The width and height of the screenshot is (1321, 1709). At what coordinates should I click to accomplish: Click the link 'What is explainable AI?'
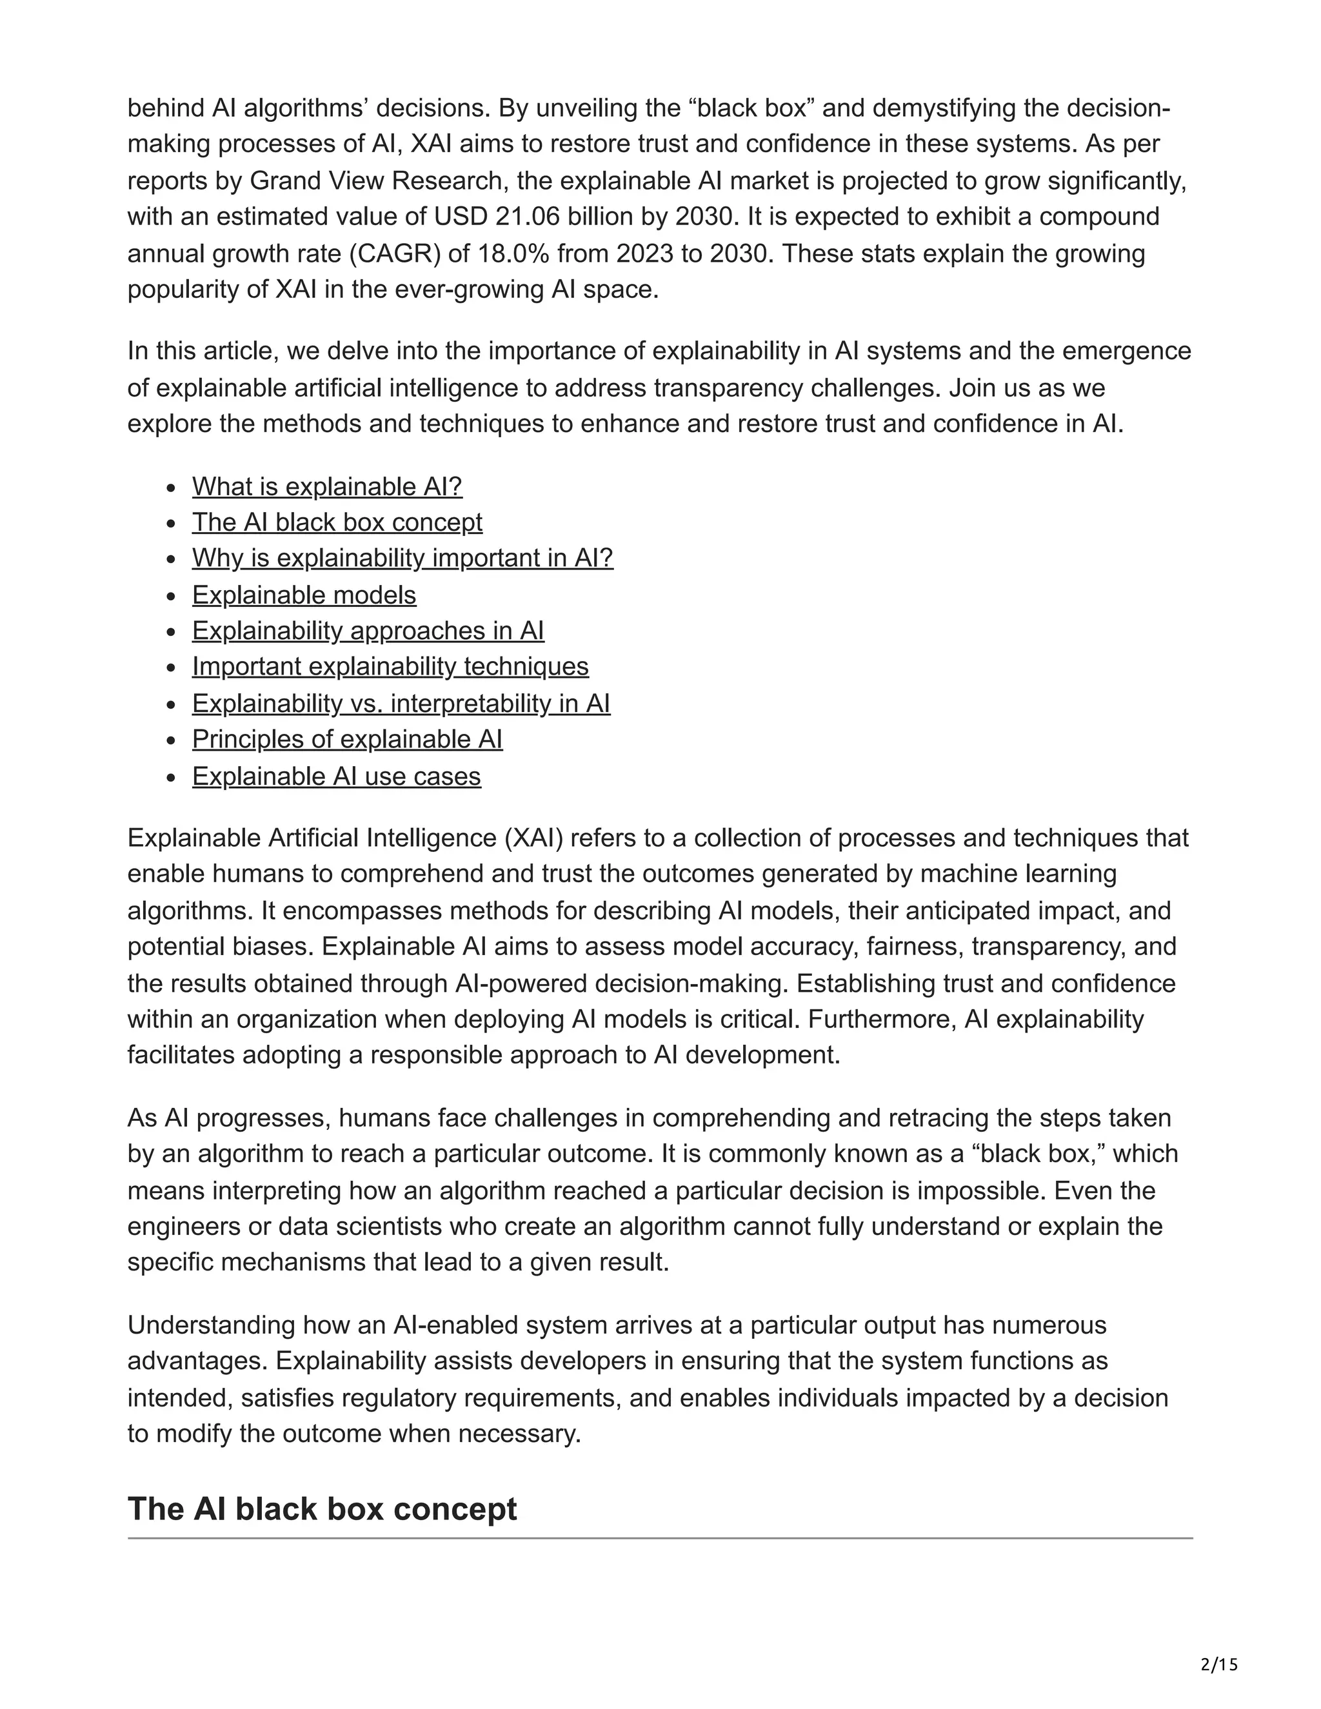tap(327, 487)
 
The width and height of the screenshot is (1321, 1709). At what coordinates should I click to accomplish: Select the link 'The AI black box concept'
tap(337, 522)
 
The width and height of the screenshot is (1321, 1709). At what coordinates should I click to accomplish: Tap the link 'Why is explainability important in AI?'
tap(402, 558)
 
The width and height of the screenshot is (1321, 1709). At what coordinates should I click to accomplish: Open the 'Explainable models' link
tap(304, 595)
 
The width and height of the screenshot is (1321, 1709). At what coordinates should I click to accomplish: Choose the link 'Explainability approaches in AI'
tap(368, 631)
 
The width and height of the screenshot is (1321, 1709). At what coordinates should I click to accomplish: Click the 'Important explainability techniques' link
tap(390, 667)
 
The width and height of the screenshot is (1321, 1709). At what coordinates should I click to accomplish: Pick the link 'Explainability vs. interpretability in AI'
tap(401, 704)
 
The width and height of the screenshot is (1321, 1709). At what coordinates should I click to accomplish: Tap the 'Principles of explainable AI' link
tap(346, 740)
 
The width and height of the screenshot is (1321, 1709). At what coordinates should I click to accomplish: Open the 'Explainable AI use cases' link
tap(337, 776)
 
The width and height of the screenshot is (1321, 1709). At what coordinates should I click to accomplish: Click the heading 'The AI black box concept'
tap(322, 1508)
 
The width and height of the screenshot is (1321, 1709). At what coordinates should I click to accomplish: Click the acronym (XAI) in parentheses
tap(533, 838)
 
